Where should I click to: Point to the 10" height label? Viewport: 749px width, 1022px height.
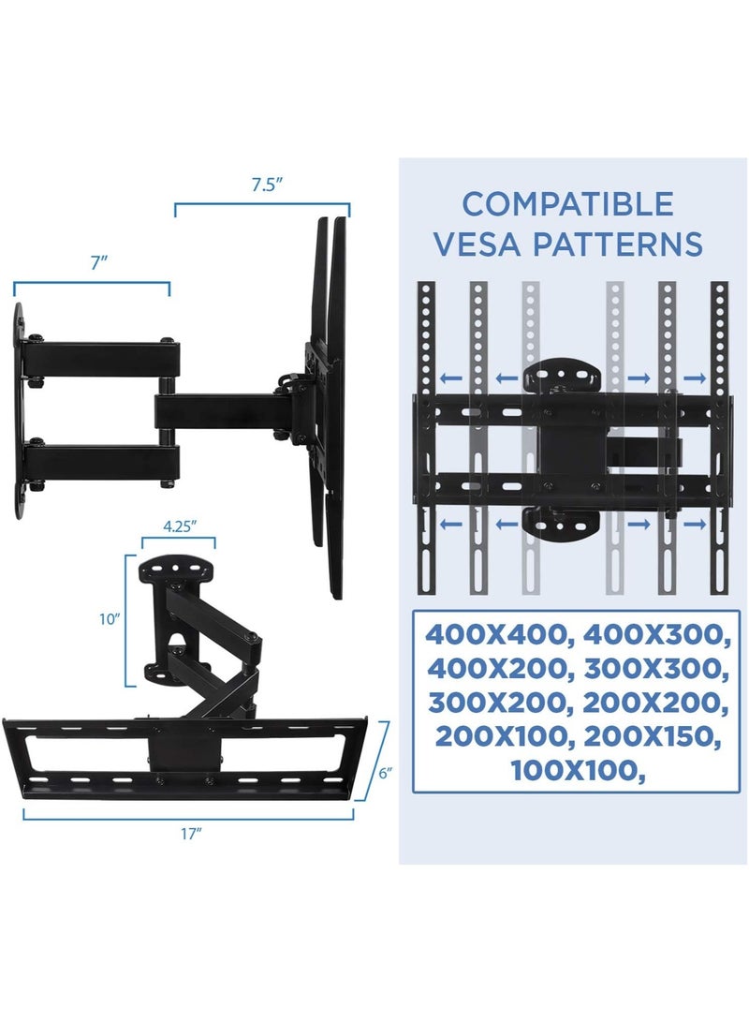click(110, 619)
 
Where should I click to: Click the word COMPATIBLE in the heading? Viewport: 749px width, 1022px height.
click(567, 203)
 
